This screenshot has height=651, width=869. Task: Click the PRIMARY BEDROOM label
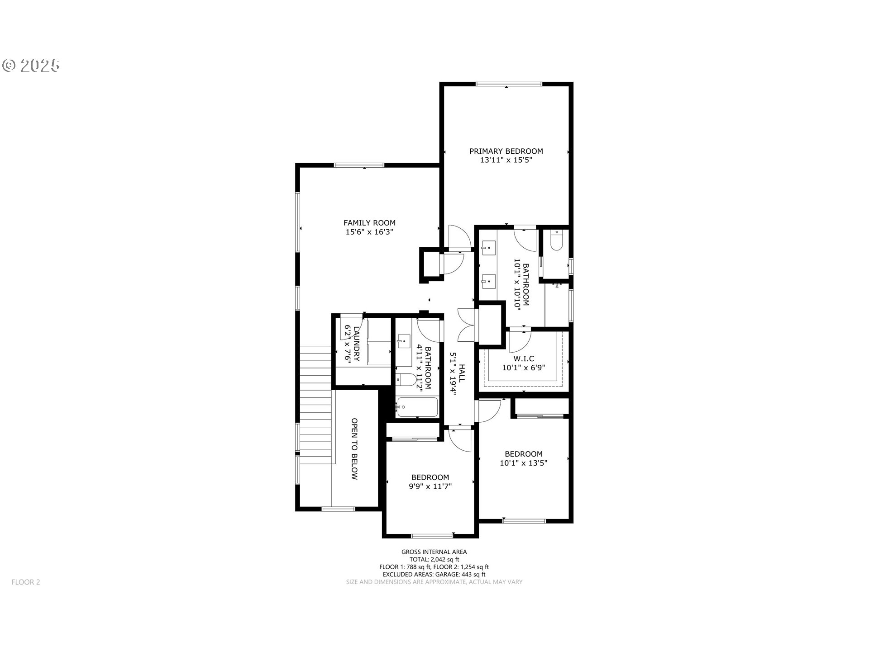[x=506, y=151]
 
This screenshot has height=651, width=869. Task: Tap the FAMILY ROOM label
[x=369, y=222]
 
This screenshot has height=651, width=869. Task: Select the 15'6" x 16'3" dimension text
[x=369, y=232]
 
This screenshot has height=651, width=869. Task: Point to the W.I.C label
[x=524, y=359]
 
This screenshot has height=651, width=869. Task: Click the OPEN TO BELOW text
[x=354, y=449]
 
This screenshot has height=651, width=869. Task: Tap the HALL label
[x=462, y=373]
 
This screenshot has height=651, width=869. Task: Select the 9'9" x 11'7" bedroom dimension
[x=430, y=486]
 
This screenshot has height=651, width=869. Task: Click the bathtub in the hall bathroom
[x=417, y=408]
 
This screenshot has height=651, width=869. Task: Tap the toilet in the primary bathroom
[x=556, y=240]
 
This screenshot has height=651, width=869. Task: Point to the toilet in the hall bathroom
[x=406, y=380]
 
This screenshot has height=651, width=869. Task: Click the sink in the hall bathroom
[x=403, y=341]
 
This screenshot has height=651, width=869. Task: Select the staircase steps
[x=315, y=405]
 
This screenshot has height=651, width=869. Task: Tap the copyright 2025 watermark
[x=31, y=66]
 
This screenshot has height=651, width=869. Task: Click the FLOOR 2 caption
[x=26, y=582]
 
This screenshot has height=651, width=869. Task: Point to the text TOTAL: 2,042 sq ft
[x=434, y=559]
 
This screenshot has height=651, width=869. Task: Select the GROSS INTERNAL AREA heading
[x=434, y=552]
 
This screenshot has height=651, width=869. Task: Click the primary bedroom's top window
[x=509, y=84]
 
